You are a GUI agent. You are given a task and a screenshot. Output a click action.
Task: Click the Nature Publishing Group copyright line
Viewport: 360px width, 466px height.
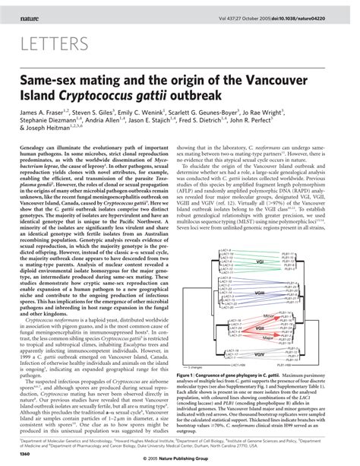(x=179, y=458)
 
